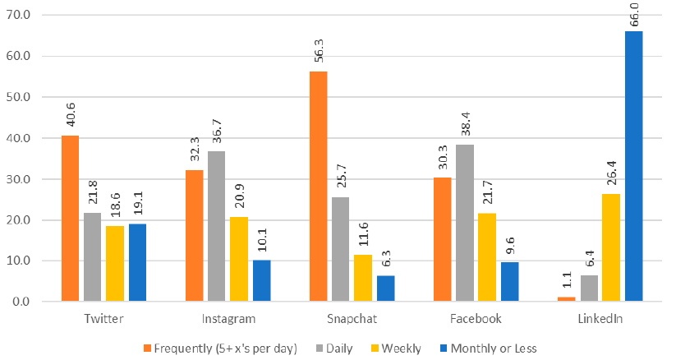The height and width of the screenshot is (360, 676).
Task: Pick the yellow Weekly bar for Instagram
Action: [x=239, y=260]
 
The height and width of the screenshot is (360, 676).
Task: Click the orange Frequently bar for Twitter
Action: [x=70, y=219]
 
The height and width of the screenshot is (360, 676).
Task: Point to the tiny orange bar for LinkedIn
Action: [x=566, y=299]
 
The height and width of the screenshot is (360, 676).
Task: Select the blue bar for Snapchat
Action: [x=385, y=288]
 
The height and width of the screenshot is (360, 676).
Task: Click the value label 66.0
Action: [x=633, y=15]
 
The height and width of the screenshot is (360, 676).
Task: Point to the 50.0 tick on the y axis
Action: [x=17, y=97]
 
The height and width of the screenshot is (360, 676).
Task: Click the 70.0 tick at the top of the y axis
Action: [x=17, y=15]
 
